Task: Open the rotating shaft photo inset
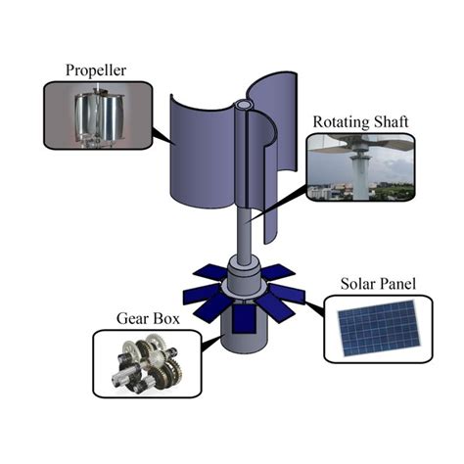click(359, 167)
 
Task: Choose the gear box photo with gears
click(146, 364)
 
